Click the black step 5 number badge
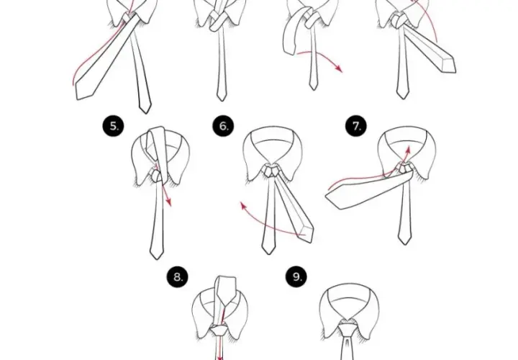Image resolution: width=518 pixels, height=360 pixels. pos(114,126)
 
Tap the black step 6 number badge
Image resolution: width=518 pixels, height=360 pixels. pos(223,126)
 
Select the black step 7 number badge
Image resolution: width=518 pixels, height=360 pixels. pos(356,126)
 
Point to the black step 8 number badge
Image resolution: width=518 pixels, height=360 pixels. pos(178,276)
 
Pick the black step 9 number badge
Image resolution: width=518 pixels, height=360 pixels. pos(296,276)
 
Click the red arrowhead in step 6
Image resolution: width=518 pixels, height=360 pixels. pos(244,206)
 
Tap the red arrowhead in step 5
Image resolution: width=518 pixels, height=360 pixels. pos(168,202)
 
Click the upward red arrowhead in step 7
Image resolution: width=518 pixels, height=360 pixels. pos(408,150)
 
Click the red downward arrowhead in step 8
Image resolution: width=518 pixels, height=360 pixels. pos(219,357)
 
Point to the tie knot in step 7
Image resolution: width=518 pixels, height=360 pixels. pos(404,168)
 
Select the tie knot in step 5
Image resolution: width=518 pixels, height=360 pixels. pos(157,176)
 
